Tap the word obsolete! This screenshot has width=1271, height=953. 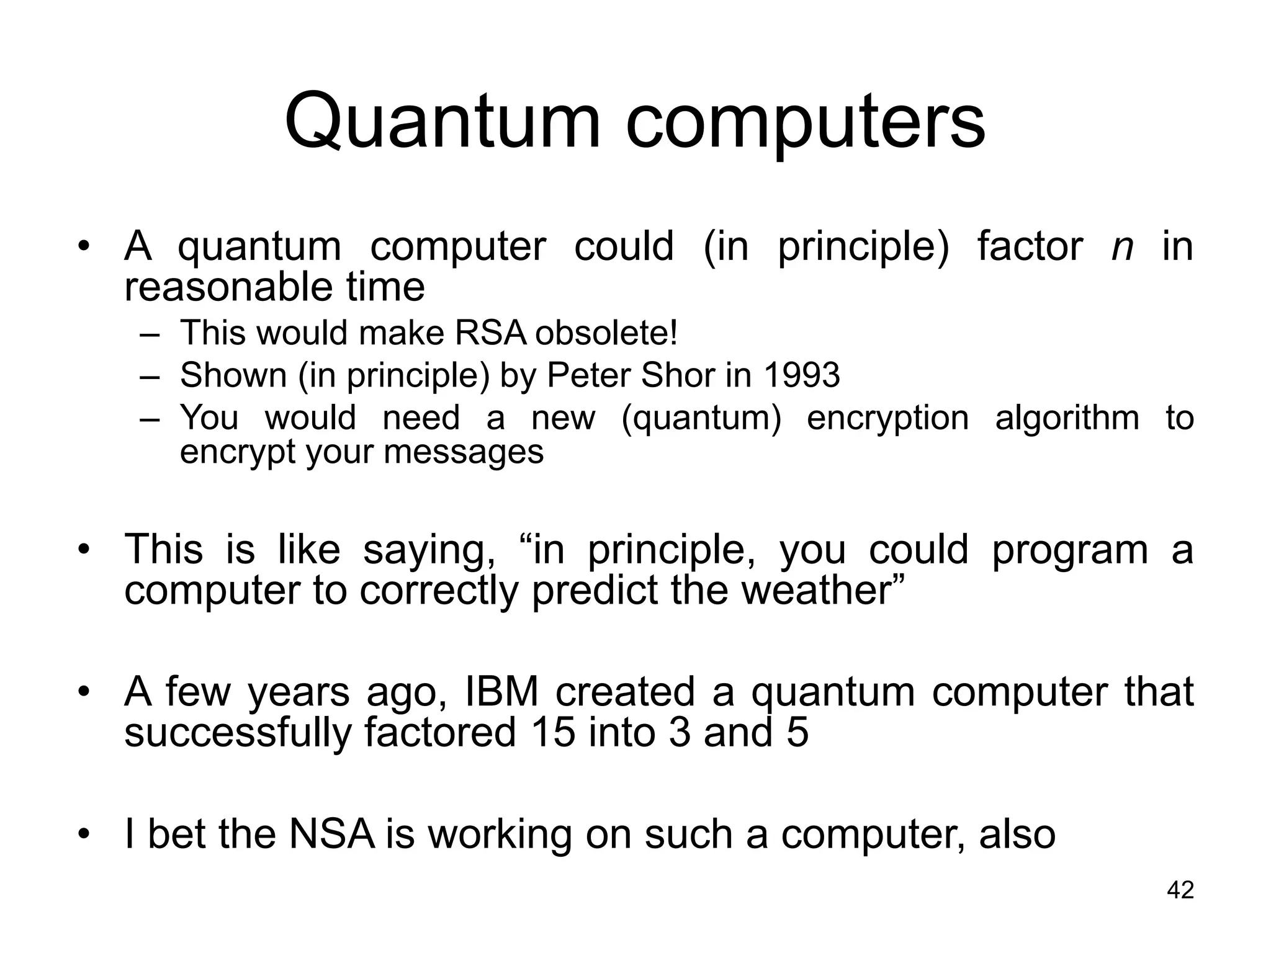point(606,333)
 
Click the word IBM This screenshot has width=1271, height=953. point(502,692)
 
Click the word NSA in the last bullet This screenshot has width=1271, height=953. point(332,834)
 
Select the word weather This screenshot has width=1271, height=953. point(824,590)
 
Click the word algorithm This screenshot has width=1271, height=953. point(1067,418)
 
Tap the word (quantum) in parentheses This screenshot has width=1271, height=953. point(701,418)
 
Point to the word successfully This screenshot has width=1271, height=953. point(238,733)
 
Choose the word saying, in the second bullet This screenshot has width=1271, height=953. point(429,550)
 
